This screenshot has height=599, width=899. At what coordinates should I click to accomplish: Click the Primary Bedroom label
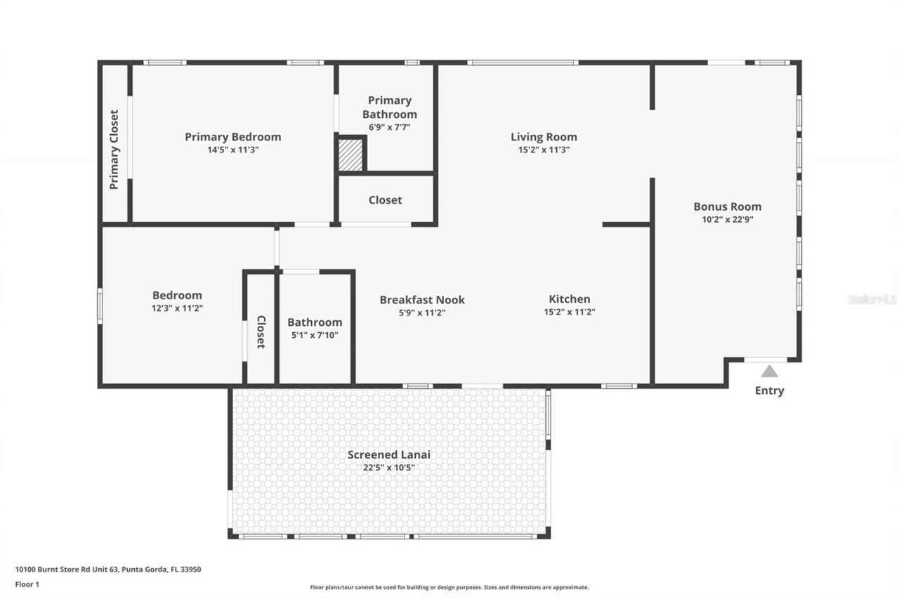pyautogui.click(x=232, y=137)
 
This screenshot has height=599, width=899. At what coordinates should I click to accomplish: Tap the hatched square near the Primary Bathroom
pyautogui.click(x=350, y=154)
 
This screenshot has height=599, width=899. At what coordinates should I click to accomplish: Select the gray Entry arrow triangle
pyautogui.click(x=770, y=371)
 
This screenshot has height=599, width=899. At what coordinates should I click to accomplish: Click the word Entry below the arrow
pyautogui.click(x=770, y=390)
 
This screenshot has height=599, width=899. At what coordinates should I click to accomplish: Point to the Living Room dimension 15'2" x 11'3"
pyautogui.click(x=544, y=150)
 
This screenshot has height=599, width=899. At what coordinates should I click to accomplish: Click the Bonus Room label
pyautogui.click(x=727, y=206)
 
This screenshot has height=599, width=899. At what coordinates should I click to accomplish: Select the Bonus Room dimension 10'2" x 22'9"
pyautogui.click(x=727, y=219)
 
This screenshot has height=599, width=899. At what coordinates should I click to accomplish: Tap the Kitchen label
pyautogui.click(x=569, y=299)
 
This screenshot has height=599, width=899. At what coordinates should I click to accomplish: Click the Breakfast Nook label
pyautogui.click(x=422, y=300)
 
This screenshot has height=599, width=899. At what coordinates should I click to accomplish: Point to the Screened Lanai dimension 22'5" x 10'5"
pyautogui.click(x=389, y=467)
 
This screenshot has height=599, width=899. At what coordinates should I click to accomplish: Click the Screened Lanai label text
pyautogui.click(x=389, y=454)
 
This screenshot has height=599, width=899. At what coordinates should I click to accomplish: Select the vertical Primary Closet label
pyautogui.click(x=114, y=150)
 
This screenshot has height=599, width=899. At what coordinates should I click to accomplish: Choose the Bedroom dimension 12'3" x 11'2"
pyautogui.click(x=177, y=308)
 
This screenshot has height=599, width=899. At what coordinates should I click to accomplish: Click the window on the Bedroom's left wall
pyautogui.click(x=100, y=306)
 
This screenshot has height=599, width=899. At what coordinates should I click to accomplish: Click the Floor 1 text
pyautogui.click(x=27, y=584)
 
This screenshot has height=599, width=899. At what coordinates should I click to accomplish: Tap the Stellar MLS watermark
pyautogui.click(x=872, y=299)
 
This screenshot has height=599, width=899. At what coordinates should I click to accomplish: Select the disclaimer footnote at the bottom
pyautogui.click(x=449, y=587)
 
